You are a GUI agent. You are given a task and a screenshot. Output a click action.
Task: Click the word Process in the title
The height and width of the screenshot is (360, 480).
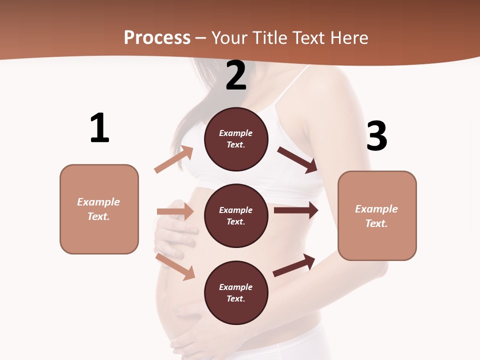[x=157, y=38]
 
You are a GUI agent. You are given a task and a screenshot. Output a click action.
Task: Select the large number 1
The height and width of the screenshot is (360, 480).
[x=99, y=128]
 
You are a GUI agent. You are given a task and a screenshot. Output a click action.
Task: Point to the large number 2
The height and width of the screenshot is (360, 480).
[x=236, y=75]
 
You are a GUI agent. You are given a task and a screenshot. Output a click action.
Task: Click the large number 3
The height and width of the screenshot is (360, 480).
[x=376, y=136]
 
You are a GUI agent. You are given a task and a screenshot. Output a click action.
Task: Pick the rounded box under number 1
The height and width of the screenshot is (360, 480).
[x=99, y=209]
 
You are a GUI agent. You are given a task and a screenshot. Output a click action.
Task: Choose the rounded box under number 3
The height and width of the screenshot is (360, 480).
[x=377, y=215]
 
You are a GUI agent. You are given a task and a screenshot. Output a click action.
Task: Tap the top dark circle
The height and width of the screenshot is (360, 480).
[x=236, y=138]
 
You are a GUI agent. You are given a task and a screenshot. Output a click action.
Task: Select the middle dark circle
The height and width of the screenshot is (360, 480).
[x=236, y=215]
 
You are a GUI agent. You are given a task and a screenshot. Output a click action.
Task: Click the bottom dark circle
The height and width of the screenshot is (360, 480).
[x=236, y=292]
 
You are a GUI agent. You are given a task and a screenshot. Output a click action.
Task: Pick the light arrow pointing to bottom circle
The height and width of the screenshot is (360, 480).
[x=175, y=266]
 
